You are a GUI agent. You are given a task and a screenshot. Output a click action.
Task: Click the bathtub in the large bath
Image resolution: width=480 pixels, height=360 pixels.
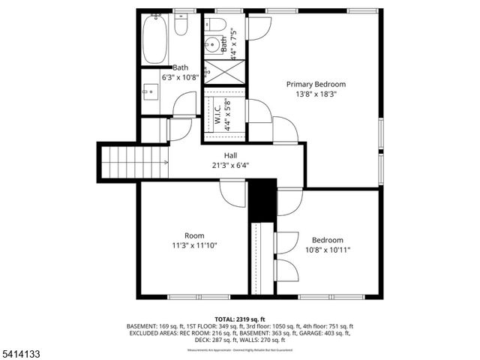tap(157, 40)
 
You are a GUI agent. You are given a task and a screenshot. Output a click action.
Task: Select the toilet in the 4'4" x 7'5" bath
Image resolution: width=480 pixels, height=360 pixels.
tap(217, 25)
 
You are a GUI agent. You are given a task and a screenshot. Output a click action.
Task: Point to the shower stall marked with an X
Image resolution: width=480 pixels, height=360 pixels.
tap(223, 71)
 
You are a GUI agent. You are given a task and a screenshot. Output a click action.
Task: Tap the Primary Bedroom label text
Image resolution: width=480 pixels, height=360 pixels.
tap(316, 85)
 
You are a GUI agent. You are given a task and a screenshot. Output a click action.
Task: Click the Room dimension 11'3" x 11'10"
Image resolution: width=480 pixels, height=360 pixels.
tap(193, 245)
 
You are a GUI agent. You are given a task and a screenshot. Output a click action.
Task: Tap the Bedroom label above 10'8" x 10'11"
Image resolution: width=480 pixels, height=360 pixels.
tap(328, 240)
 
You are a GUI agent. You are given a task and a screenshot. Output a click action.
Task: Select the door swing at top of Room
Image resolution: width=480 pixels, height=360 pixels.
tap(233, 194)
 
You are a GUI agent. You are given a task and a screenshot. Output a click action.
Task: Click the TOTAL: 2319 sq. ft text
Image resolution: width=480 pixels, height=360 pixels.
tap(240, 319)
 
